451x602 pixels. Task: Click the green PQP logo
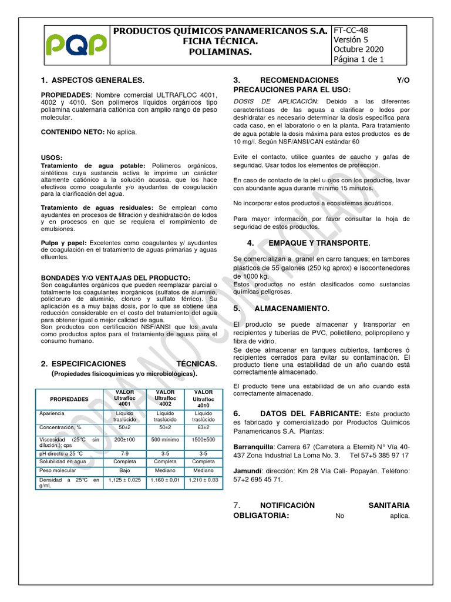click(77, 44)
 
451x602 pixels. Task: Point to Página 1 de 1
click(359, 59)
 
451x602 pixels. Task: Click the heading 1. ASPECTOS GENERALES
click(92, 80)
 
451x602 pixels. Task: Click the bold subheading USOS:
click(52, 158)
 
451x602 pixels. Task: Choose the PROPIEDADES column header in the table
click(69, 399)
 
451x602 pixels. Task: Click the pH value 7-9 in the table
click(124, 454)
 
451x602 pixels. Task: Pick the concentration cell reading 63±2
click(203, 427)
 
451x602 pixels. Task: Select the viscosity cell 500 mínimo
click(164, 440)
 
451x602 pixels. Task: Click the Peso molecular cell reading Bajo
click(124, 471)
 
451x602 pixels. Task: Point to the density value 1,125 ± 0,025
click(124, 480)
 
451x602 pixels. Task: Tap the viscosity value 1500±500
click(203, 440)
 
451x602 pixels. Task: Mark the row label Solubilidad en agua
click(62, 462)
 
